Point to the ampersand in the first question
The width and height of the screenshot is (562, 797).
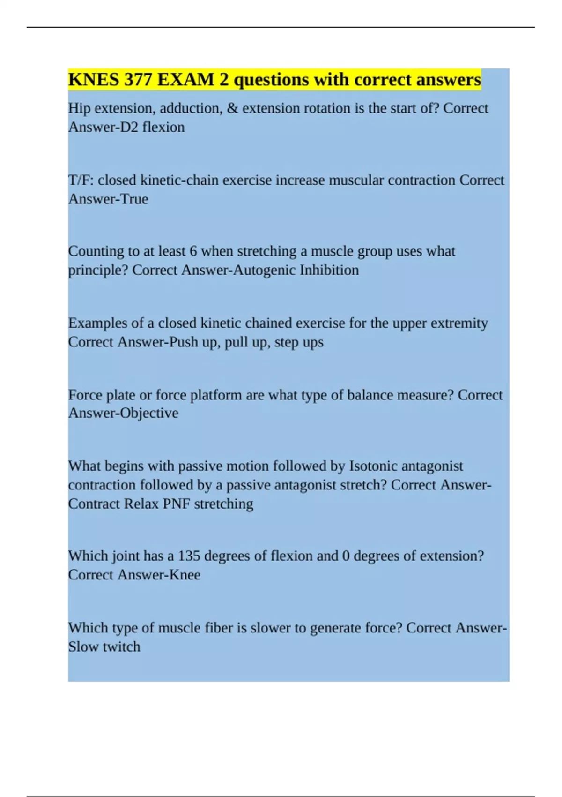point(232,108)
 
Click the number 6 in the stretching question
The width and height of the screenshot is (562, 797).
point(193,251)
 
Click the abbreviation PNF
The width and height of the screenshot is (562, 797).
point(177,504)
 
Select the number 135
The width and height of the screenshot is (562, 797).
point(189,556)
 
